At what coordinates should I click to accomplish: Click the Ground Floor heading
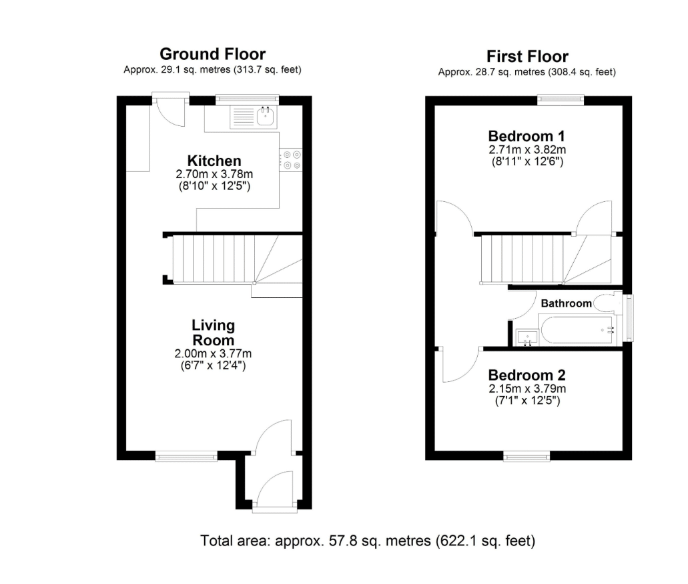click(x=213, y=54)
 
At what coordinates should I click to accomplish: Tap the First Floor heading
click(x=527, y=57)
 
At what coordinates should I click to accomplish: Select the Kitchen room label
click(x=214, y=161)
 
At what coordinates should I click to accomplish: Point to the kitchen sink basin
click(x=266, y=116)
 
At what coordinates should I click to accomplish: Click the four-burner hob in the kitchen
click(x=292, y=159)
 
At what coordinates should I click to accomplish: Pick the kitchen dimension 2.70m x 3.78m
click(x=214, y=174)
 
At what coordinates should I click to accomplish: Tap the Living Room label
click(x=214, y=333)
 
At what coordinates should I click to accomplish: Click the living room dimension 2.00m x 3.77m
click(x=214, y=353)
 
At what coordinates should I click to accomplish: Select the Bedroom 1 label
click(x=527, y=136)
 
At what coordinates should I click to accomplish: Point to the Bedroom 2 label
click(x=527, y=375)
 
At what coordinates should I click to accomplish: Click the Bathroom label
click(x=566, y=303)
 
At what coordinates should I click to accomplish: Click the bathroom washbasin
click(x=527, y=337)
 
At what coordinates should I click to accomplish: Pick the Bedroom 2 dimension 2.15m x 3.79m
click(x=527, y=389)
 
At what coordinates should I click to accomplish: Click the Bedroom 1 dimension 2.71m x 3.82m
click(x=527, y=149)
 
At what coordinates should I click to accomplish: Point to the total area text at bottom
click(x=368, y=541)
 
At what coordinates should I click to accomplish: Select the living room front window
click(x=186, y=457)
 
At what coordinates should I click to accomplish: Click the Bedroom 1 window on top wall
click(x=561, y=100)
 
